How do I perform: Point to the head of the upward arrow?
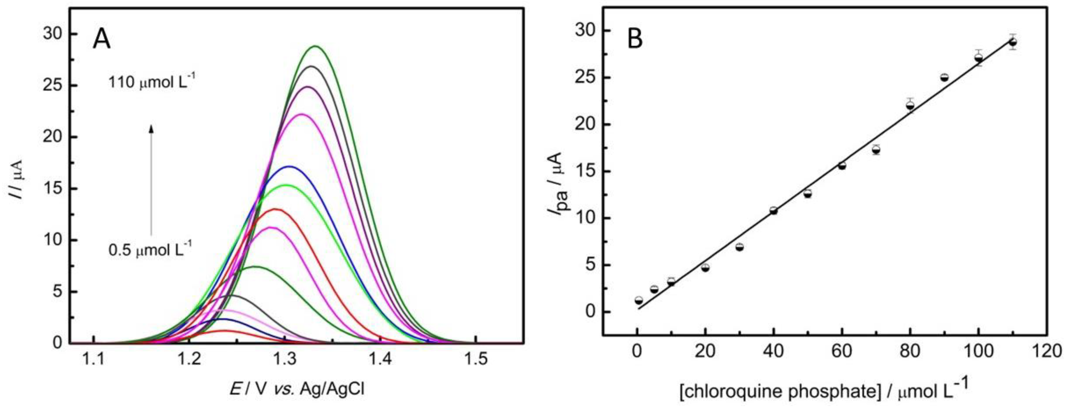pos(151,129)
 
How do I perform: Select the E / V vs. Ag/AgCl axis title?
pos(297,389)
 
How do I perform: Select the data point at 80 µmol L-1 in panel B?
pos(910,105)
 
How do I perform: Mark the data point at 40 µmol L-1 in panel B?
pos(773,211)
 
